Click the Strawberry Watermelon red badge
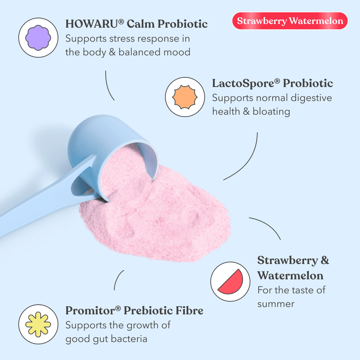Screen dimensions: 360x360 (x=290, y=21)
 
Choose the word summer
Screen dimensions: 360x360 (x=276, y=304)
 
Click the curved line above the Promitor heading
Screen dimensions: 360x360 (x=118, y=280)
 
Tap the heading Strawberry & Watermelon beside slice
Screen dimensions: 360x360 (x=293, y=268)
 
